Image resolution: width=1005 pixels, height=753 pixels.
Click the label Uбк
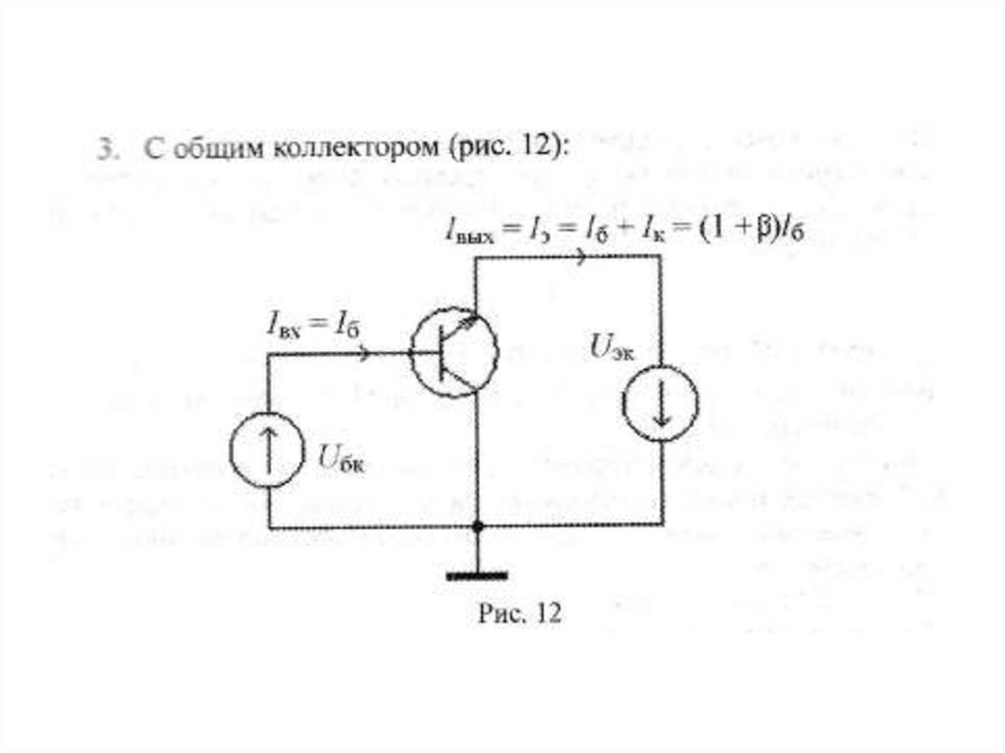(x=340, y=456)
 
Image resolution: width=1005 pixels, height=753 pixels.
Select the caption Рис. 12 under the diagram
(x=518, y=614)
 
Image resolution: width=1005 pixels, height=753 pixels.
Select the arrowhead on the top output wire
(x=586, y=257)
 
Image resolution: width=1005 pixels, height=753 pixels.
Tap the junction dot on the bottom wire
(x=477, y=527)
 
